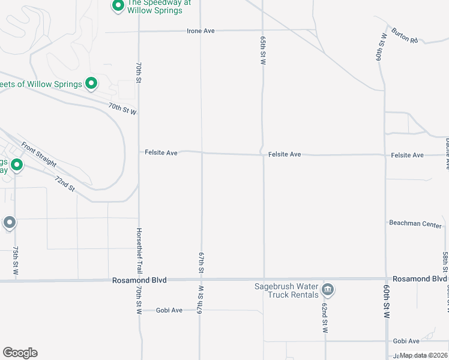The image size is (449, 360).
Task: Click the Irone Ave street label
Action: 200,31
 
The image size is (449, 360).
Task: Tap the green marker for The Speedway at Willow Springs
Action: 118,6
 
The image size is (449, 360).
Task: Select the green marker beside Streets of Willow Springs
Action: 91,83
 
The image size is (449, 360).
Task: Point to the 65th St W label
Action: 263,50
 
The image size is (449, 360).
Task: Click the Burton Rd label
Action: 404,35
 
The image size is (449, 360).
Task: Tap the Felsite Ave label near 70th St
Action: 161,153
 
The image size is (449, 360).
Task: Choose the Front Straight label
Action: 38,155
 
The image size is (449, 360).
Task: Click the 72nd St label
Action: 64,184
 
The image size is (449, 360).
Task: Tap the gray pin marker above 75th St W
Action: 10,223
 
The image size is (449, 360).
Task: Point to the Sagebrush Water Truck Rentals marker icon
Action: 328,290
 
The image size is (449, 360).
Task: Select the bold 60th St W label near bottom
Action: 387,309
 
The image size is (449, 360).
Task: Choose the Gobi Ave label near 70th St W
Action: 169,310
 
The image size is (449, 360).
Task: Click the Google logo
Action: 20,353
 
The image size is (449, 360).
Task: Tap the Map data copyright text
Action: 424,356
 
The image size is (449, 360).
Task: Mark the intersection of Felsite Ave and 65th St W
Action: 264,154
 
